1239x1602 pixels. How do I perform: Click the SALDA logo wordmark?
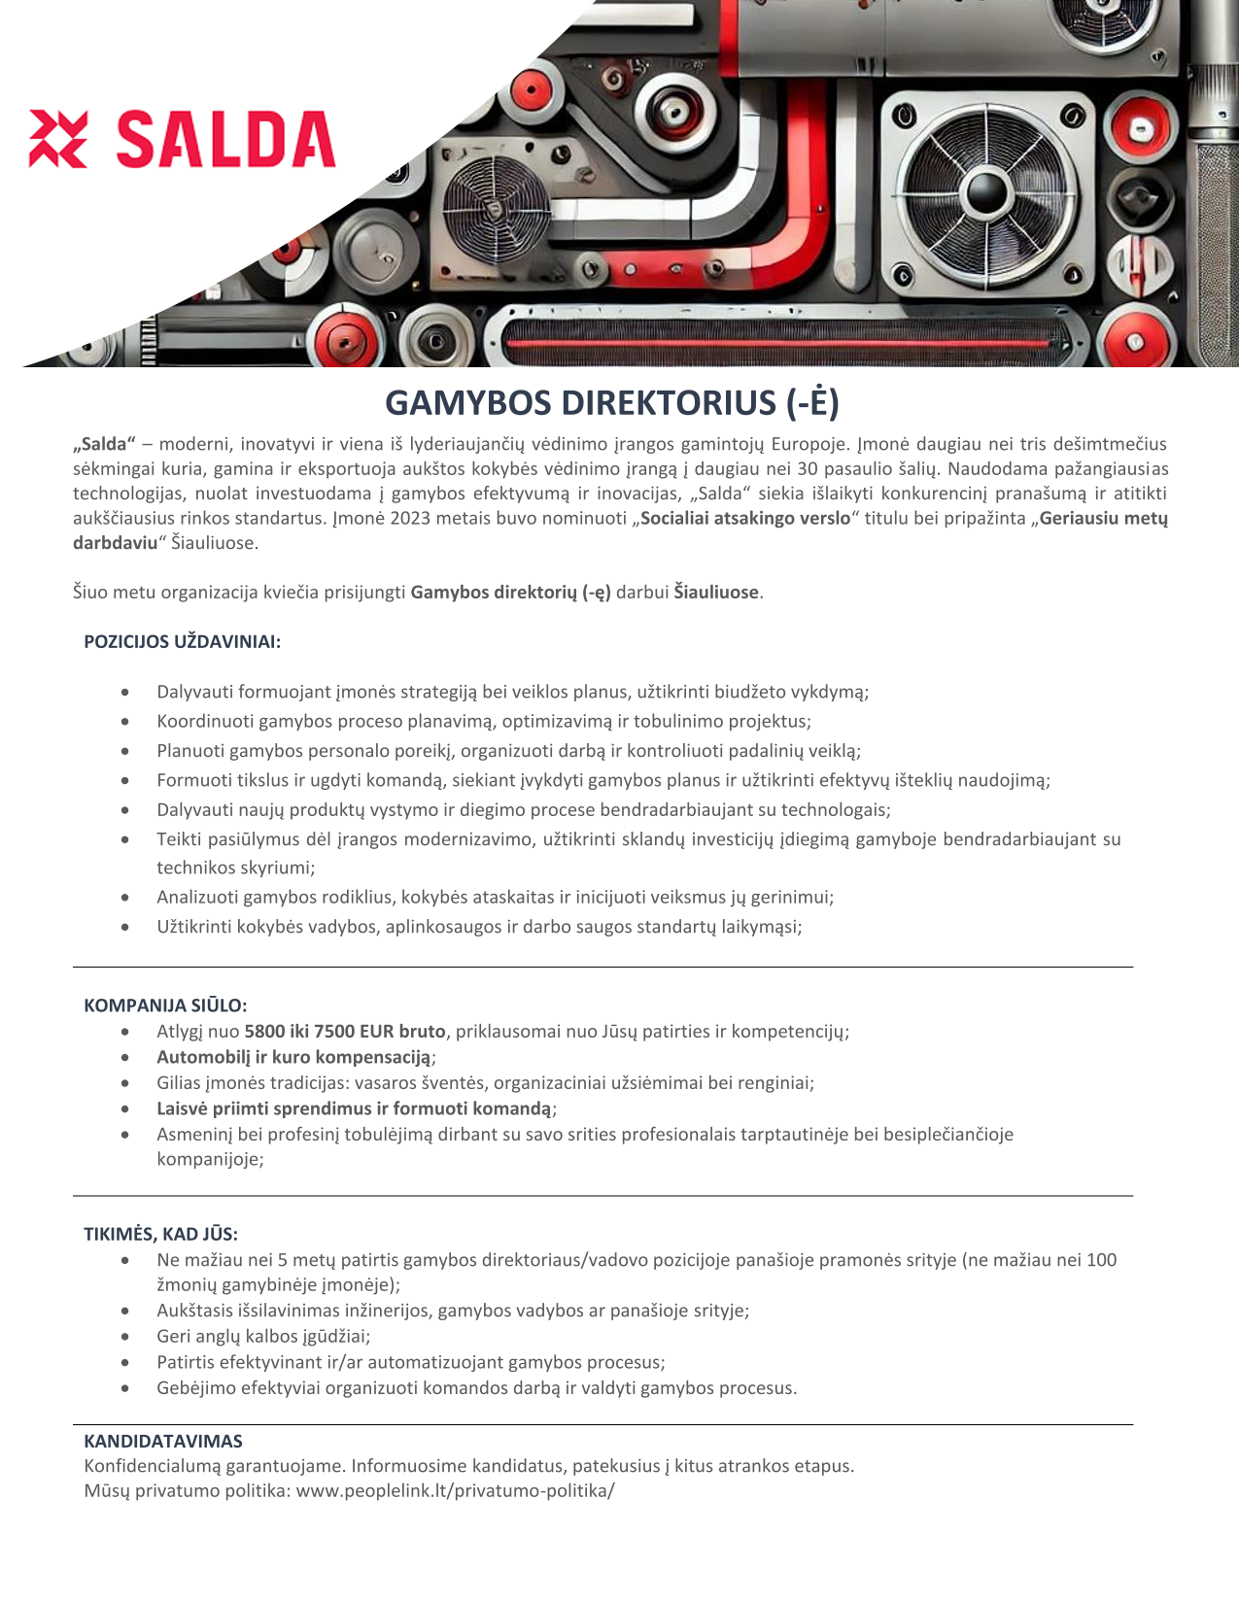pyautogui.click(x=225, y=139)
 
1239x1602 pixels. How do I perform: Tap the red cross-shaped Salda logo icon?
pyautogui.click(x=58, y=139)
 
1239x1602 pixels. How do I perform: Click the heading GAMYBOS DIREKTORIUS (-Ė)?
pyautogui.click(x=612, y=403)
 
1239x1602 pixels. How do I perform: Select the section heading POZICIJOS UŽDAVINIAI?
pyautogui.click(x=182, y=641)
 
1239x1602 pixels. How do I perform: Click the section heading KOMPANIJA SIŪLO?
pyautogui.click(x=165, y=1005)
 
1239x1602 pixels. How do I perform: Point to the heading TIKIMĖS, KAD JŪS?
pyautogui.click(x=160, y=1234)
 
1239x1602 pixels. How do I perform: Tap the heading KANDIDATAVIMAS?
pyautogui.click(x=163, y=1441)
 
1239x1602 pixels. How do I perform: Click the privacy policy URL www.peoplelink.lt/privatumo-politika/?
pyautogui.click(x=456, y=1490)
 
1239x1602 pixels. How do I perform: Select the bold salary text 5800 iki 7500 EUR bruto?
pyautogui.click(x=345, y=1031)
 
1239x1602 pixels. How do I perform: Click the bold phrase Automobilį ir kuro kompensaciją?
pyautogui.click(x=294, y=1056)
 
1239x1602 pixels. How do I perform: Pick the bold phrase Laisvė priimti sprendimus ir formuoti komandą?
pyautogui.click(x=354, y=1108)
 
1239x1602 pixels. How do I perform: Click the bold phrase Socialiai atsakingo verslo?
pyautogui.click(x=745, y=518)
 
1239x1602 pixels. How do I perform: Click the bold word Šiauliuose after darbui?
pyautogui.click(x=715, y=592)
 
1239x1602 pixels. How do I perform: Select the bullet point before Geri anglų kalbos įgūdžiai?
pyautogui.click(x=125, y=1337)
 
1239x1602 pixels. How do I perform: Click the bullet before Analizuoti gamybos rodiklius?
pyautogui.click(x=125, y=898)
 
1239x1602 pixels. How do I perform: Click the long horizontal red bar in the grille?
pyautogui.click(x=778, y=344)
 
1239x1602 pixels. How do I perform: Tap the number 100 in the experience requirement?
pyautogui.click(x=1101, y=1259)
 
